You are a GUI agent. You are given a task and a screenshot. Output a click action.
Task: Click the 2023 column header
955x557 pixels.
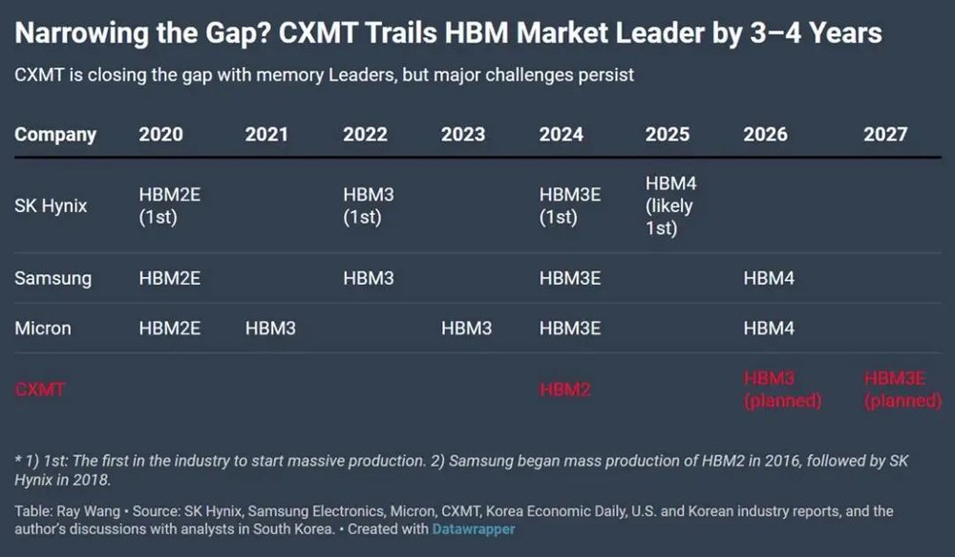[x=463, y=135]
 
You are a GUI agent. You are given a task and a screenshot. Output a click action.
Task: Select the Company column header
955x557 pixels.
[x=55, y=135]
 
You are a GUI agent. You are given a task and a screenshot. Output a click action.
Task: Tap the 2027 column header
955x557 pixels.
[x=885, y=135]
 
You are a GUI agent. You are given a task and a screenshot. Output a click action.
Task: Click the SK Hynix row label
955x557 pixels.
[x=51, y=205]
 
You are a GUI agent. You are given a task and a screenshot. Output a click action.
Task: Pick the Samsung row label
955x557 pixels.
[x=53, y=279]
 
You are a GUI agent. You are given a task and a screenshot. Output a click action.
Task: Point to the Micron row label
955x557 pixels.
[x=43, y=329]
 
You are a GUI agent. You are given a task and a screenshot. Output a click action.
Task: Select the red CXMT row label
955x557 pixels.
[x=40, y=389]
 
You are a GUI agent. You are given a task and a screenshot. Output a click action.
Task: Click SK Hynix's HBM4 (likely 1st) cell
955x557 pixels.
[x=669, y=205]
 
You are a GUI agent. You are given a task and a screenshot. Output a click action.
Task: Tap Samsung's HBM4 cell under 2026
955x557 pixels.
[x=769, y=279]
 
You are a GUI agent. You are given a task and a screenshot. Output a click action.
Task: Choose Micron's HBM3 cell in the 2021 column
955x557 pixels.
[x=270, y=329]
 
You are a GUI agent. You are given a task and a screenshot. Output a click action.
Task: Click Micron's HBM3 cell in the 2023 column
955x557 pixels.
[x=467, y=329]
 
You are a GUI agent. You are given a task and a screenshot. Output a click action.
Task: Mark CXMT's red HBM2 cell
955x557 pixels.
[x=564, y=389]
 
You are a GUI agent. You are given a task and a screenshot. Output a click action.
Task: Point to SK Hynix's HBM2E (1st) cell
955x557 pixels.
[x=170, y=205]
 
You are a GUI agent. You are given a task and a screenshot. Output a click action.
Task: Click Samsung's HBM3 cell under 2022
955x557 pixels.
[x=369, y=279]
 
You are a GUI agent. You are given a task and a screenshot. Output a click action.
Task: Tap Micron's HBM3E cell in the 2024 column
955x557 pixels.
[x=570, y=329]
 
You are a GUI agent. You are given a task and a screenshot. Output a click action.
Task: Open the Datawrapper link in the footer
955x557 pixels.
[x=473, y=527]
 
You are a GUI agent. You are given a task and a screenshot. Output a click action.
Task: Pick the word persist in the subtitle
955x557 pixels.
[x=604, y=75]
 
